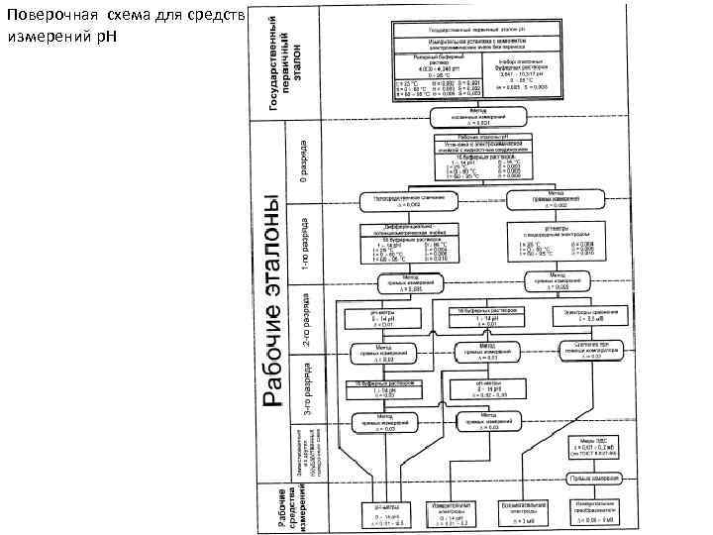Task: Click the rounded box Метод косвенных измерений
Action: [x=478, y=116]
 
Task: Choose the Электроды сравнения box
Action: [x=592, y=316]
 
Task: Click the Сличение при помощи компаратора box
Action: [x=592, y=350]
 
